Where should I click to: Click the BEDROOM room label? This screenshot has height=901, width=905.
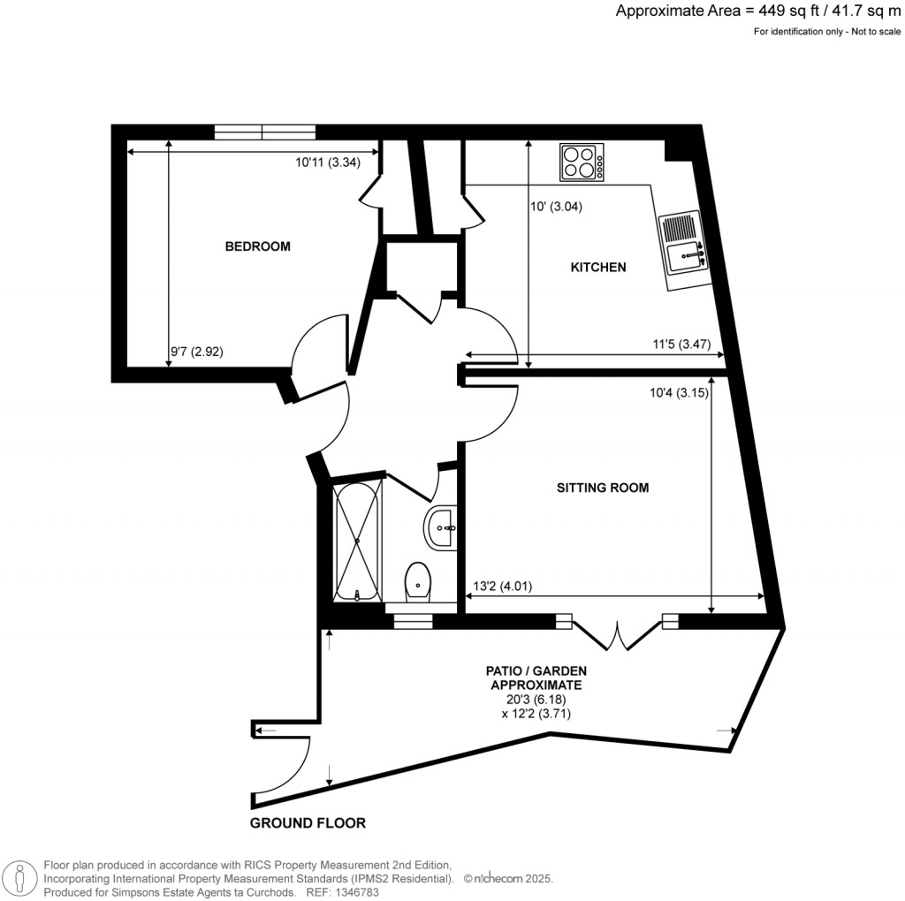click(257, 246)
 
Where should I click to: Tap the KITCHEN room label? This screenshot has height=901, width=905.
click(598, 267)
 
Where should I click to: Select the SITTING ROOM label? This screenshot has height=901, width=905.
click(603, 488)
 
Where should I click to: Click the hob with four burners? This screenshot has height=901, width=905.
click(582, 162)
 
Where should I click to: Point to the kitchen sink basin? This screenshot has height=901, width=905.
click(685, 257)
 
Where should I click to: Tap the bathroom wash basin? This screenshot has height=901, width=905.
click(440, 528)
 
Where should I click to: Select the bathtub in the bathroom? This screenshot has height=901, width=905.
click(357, 540)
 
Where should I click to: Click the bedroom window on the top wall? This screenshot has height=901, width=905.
click(265, 132)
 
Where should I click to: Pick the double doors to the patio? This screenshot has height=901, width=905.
click(617, 632)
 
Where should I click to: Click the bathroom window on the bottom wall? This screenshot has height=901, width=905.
click(413, 621)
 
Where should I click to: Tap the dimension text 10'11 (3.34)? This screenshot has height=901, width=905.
click(328, 163)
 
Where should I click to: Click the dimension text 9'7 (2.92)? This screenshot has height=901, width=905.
click(197, 352)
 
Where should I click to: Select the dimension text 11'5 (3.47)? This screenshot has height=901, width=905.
click(681, 344)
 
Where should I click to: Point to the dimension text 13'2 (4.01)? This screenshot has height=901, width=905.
click(503, 586)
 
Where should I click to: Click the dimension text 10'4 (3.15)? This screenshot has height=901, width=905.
click(679, 393)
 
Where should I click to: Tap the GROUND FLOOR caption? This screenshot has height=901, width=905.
click(308, 823)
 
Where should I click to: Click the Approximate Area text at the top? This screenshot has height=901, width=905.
click(757, 11)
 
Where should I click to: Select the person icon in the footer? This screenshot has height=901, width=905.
click(20, 879)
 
